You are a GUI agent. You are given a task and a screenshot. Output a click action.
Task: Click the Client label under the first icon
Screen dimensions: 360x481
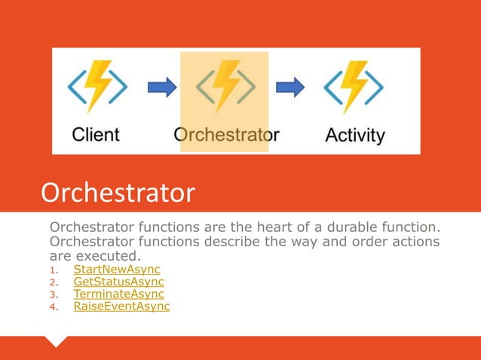(x=96, y=135)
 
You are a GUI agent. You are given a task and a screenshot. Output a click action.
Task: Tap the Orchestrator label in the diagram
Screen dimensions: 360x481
(x=226, y=135)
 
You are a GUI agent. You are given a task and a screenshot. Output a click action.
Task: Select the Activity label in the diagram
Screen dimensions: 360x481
(x=355, y=136)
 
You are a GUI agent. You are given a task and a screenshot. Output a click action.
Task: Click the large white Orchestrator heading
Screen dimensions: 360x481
(x=118, y=194)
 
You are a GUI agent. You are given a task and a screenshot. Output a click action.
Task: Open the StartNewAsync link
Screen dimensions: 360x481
(x=116, y=270)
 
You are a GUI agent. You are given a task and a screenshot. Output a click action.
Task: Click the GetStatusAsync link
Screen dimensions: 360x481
(x=118, y=282)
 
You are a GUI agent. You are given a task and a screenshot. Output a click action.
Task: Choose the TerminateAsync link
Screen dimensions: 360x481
(x=118, y=294)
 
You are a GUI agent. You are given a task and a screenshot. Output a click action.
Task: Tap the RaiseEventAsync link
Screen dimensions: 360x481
(x=121, y=306)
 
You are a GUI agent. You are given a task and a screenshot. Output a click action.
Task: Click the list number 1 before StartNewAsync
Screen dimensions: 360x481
(x=53, y=270)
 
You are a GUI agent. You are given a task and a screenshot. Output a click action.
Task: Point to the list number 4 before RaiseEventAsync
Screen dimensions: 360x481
(x=53, y=307)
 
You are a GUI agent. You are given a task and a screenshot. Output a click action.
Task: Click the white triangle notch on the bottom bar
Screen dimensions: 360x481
(x=57, y=341)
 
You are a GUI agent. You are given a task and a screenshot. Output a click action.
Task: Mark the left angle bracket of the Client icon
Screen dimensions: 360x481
(x=76, y=87)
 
